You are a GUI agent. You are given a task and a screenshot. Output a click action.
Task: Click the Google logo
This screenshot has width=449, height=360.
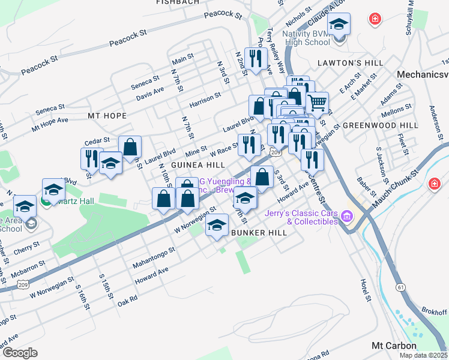point(19,353)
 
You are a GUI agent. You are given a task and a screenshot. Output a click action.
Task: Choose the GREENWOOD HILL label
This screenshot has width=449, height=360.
point(380,125)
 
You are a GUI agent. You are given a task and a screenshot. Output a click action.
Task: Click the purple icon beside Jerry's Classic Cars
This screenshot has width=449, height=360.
point(346,215)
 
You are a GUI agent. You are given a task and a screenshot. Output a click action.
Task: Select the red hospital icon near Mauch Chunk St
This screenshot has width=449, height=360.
point(433,184)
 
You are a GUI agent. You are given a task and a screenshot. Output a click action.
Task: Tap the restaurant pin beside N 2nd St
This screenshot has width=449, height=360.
point(256,59)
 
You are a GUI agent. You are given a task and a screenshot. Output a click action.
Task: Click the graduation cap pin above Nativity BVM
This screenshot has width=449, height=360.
point(339,25)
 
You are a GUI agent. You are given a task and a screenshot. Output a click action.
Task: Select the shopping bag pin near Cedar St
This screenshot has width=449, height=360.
point(130,146)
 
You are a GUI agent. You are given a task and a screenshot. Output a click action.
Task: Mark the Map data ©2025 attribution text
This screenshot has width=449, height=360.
point(423,355)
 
